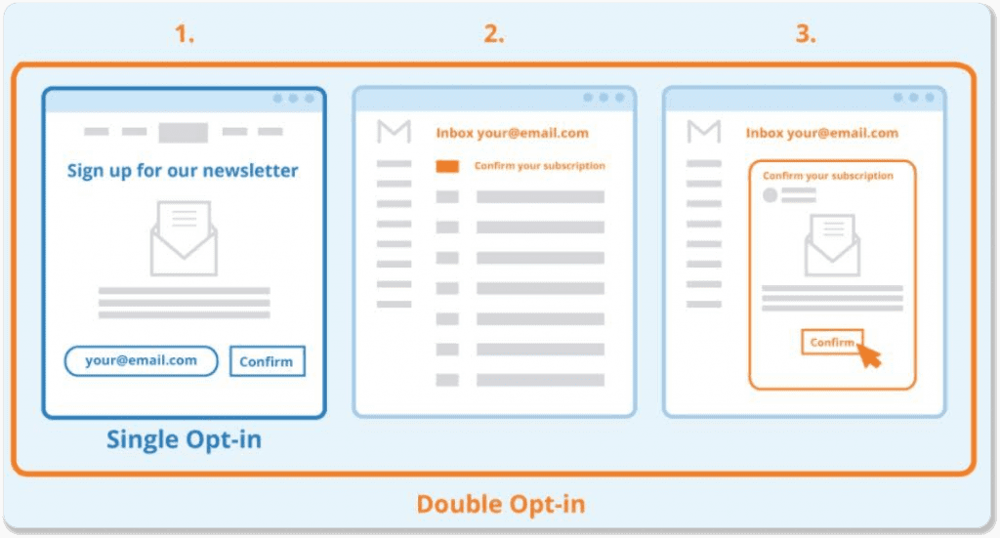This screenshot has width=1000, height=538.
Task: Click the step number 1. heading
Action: (x=185, y=34)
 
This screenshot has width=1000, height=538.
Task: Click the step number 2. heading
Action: (x=493, y=34)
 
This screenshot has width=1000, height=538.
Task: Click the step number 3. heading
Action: (x=806, y=34)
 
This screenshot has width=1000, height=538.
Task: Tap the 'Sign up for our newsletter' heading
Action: (x=183, y=171)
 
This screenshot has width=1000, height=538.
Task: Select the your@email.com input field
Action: (x=141, y=361)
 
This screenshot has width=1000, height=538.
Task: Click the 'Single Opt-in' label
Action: (x=184, y=439)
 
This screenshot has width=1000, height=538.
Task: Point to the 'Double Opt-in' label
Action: (x=501, y=504)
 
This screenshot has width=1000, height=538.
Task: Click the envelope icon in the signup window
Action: (x=184, y=238)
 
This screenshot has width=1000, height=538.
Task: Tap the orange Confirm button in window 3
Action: (x=832, y=343)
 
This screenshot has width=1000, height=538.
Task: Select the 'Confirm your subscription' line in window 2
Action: (x=539, y=166)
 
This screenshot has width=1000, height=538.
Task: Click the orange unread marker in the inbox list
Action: (x=447, y=166)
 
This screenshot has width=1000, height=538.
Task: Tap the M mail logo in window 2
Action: (x=394, y=131)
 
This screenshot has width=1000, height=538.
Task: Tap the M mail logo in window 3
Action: (x=703, y=131)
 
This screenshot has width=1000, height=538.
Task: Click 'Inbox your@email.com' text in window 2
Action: (x=512, y=133)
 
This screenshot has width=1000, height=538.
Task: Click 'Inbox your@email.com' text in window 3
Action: (x=822, y=133)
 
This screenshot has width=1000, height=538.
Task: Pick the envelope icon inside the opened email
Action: (x=832, y=245)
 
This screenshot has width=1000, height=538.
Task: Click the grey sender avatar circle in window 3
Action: (x=771, y=195)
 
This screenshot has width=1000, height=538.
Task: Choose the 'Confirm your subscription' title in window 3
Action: (x=828, y=176)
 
